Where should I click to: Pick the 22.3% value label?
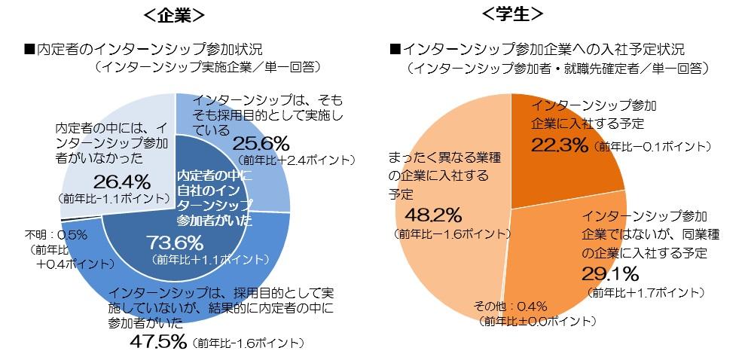(559, 144)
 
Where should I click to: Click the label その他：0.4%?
(510, 306)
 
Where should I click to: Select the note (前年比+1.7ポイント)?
(644, 291)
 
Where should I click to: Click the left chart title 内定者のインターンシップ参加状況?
(143, 50)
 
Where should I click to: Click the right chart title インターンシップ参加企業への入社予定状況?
(537, 50)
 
